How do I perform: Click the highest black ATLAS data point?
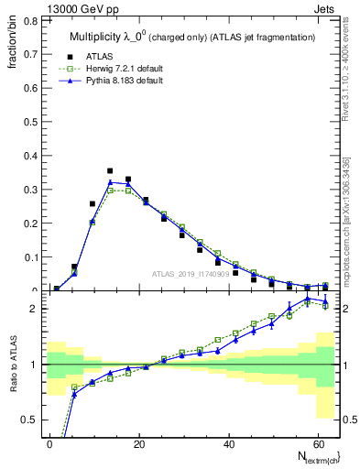pos(110,170)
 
